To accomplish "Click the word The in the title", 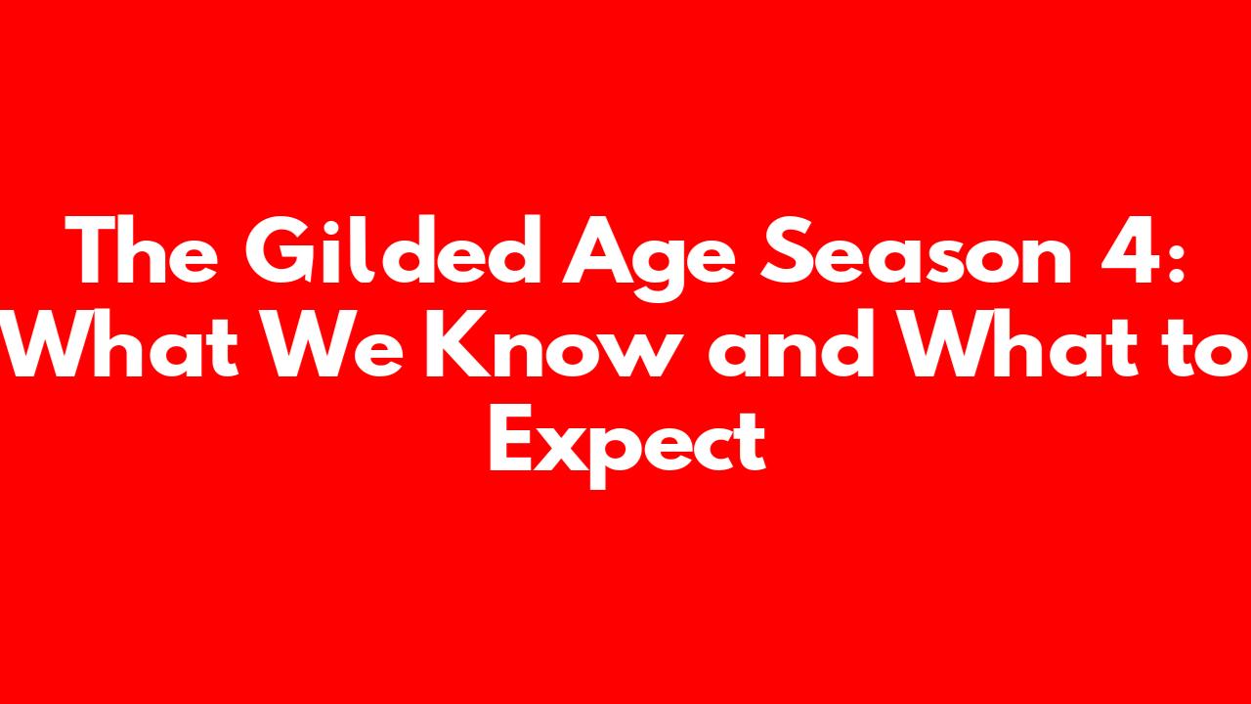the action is click(x=142, y=249).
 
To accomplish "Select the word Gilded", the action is click(x=394, y=248).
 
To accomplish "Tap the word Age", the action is click(x=648, y=259).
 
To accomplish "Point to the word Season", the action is click(x=916, y=250).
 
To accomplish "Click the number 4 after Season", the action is click(x=1128, y=250).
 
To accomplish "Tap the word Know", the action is click(x=548, y=342).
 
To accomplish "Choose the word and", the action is click(x=792, y=342).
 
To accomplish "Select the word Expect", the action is click(x=627, y=446).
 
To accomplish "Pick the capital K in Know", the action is click(x=459, y=343).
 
